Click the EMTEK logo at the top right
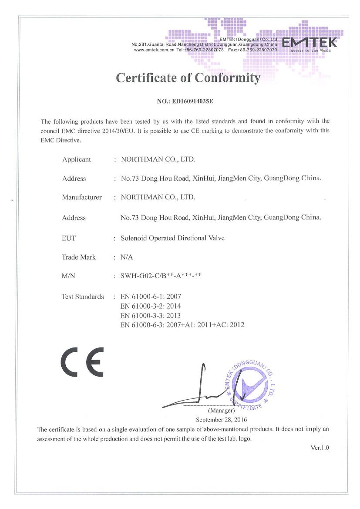point(310,43)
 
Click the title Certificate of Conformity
point(188,78)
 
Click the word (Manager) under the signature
point(222,411)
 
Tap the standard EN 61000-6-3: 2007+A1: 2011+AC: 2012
point(182,325)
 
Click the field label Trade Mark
point(79,257)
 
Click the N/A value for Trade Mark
point(127,257)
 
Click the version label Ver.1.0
point(320,448)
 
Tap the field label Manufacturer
point(82,197)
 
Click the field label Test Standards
point(83,297)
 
